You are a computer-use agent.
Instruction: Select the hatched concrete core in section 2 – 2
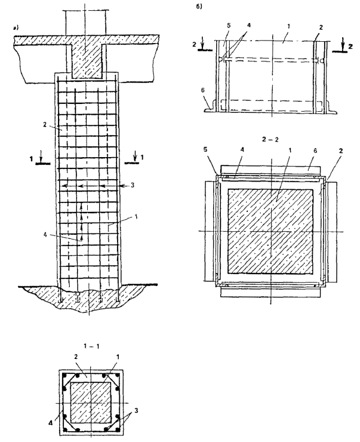tap(270, 229)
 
